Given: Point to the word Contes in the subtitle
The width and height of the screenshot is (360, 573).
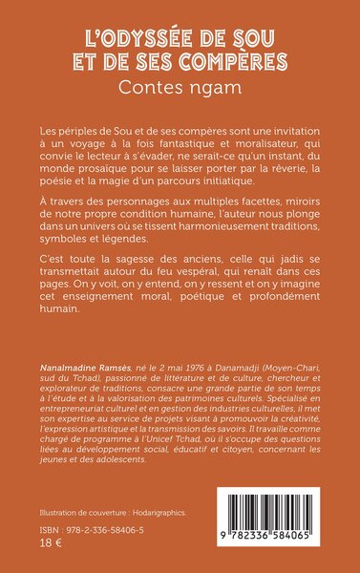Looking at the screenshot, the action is [x=161, y=88].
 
